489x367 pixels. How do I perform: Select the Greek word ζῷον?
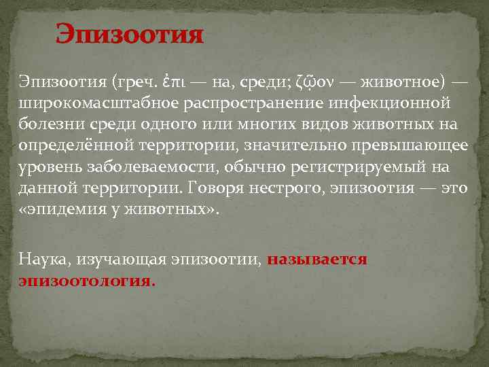[x=315, y=83]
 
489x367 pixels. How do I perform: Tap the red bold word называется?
[x=317, y=260]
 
